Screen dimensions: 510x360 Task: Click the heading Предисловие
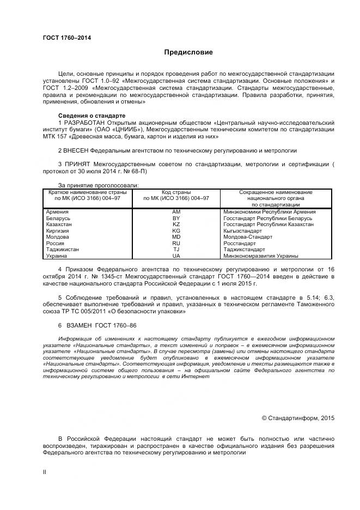[189, 52]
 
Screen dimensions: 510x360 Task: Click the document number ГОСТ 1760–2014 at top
[67, 38]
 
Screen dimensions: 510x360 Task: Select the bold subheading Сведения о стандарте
[91, 116]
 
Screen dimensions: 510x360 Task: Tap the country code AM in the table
[176, 211]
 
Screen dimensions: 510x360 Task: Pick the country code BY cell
[176, 218]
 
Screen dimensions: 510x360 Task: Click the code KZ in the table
[176, 224]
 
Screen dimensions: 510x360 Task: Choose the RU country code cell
[176, 244]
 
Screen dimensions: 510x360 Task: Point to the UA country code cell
[176, 256]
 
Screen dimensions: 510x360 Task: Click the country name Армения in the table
[57, 211]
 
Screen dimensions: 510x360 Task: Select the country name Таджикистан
[63, 250]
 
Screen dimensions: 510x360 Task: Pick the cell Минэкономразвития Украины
[261, 256]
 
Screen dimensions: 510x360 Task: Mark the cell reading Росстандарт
[240, 244]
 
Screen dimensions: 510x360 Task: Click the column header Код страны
[176, 192]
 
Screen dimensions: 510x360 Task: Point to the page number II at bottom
[45, 472]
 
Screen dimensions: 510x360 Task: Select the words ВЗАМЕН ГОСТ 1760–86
[92, 325]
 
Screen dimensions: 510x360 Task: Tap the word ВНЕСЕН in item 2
[76, 150]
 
